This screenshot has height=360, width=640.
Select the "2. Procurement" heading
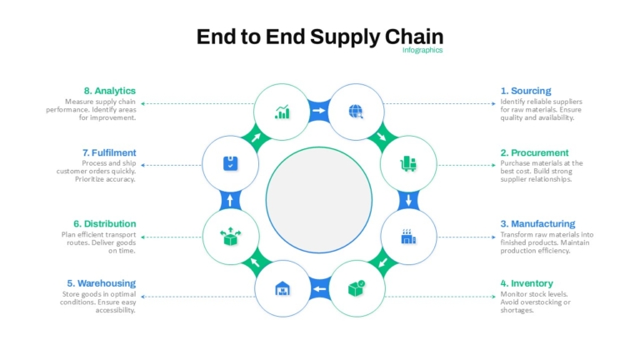point(534,152)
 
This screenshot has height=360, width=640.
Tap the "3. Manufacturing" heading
point(537,223)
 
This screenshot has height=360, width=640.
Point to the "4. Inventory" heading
point(527,283)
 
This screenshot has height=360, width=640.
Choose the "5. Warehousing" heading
point(101,283)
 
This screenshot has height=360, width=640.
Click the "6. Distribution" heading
point(104,223)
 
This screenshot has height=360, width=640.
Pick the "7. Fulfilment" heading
point(109,152)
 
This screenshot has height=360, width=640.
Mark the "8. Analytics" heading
point(110,91)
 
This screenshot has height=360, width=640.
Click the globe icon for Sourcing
point(356,112)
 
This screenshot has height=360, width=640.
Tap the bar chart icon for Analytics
point(282,112)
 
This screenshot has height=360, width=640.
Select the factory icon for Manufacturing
point(408,237)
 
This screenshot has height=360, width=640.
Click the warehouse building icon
point(282,288)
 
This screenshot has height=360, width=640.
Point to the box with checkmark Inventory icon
point(357,288)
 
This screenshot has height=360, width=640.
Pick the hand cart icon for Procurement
point(408,163)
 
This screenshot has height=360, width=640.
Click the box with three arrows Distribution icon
point(231,237)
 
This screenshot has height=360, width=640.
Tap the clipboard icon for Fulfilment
point(231,163)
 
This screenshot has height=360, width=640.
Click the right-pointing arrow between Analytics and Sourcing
point(319,110)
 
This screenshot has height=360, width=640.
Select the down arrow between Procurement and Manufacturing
point(408,200)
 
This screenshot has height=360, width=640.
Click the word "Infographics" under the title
point(422,50)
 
